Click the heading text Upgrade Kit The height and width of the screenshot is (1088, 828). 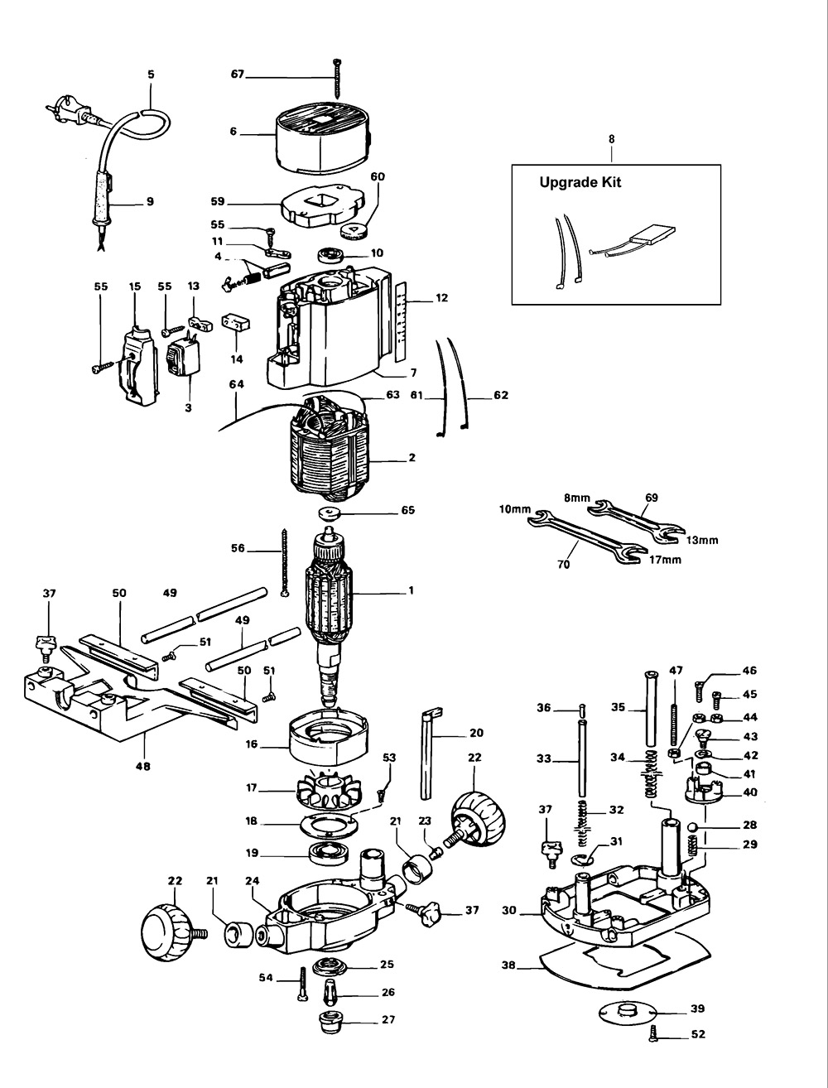point(580,183)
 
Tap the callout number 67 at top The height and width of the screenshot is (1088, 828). point(238,75)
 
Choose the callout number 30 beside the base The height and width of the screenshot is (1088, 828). point(510,909)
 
